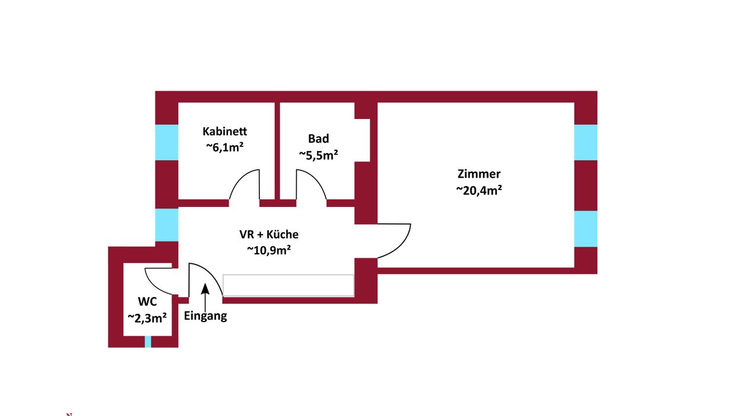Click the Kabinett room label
coord(224,131)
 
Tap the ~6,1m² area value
coord(224,147)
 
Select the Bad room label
coord(318,138)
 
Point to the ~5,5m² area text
coord(318,155)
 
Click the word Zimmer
coord(479,174)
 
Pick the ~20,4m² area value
coord(479,190)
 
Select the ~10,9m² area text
coord(268,250)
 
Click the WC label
coord(147,302)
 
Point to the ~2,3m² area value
coord(147,318)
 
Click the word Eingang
coord(205,316)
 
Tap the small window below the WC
coord(148,342)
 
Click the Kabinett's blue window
coord(167,142)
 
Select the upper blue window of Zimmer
coord(586,142)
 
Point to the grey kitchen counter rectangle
coord(288,285)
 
